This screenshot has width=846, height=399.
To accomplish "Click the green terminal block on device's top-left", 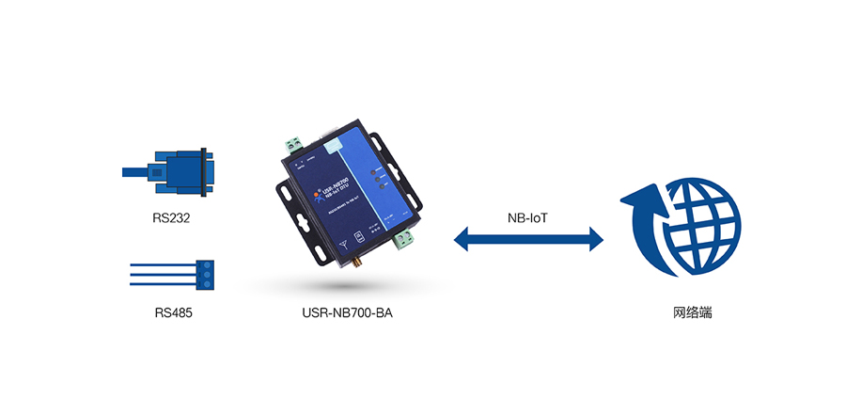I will pos(294,146).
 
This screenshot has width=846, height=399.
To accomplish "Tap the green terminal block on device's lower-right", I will pos(405,242).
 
